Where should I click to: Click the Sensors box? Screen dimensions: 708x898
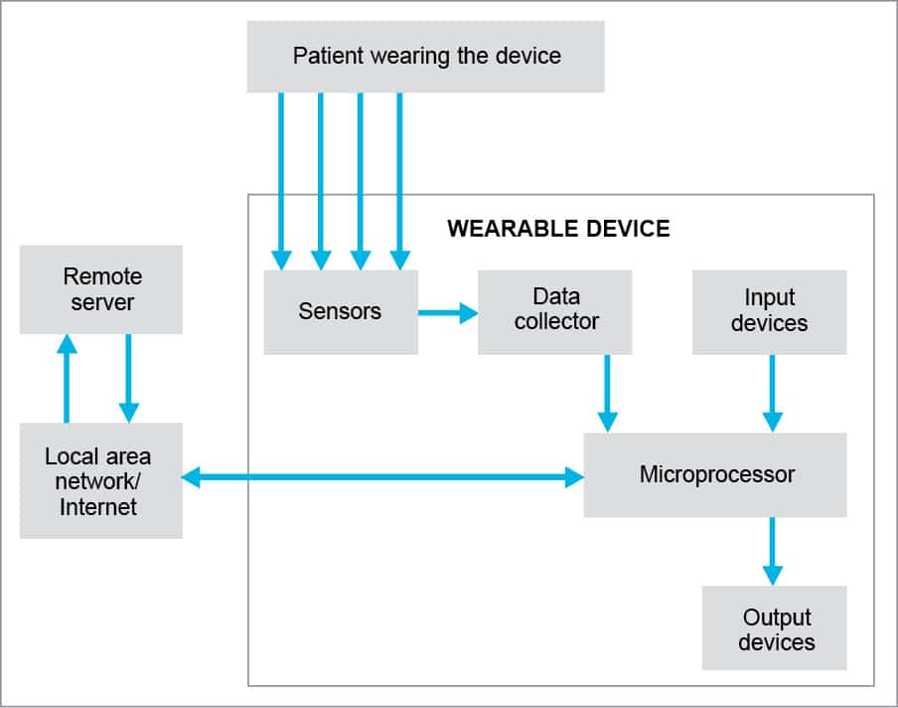point(340,311)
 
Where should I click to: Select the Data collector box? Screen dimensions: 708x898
point(555,309)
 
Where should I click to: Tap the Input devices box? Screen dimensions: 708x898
point(769,310)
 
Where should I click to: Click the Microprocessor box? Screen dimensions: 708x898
point(715,474)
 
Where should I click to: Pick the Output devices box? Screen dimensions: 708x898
point(775,627)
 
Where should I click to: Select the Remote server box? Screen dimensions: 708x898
point(101,288)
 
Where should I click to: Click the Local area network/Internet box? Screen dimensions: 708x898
point(100,481)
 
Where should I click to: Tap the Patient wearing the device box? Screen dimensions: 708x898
point(425,56)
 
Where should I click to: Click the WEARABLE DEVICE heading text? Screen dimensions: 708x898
point(558,230)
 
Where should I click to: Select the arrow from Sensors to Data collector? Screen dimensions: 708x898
point(447,313)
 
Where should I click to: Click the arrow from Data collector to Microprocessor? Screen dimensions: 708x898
point(607,393)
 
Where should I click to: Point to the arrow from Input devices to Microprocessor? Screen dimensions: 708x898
point(772,393)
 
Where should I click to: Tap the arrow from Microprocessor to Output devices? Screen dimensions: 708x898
point(772,551)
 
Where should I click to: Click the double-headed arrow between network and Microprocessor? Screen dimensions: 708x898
point(382,478)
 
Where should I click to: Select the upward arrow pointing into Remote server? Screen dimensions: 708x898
point(67,378)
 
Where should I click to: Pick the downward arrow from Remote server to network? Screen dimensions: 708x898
point(128,378)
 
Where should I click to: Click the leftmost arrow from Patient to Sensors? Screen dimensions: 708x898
point(281,179)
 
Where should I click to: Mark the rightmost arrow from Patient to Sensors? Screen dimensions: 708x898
point(399,179)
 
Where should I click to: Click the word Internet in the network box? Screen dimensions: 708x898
point(98,507)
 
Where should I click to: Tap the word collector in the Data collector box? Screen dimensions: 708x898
point(556,321)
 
